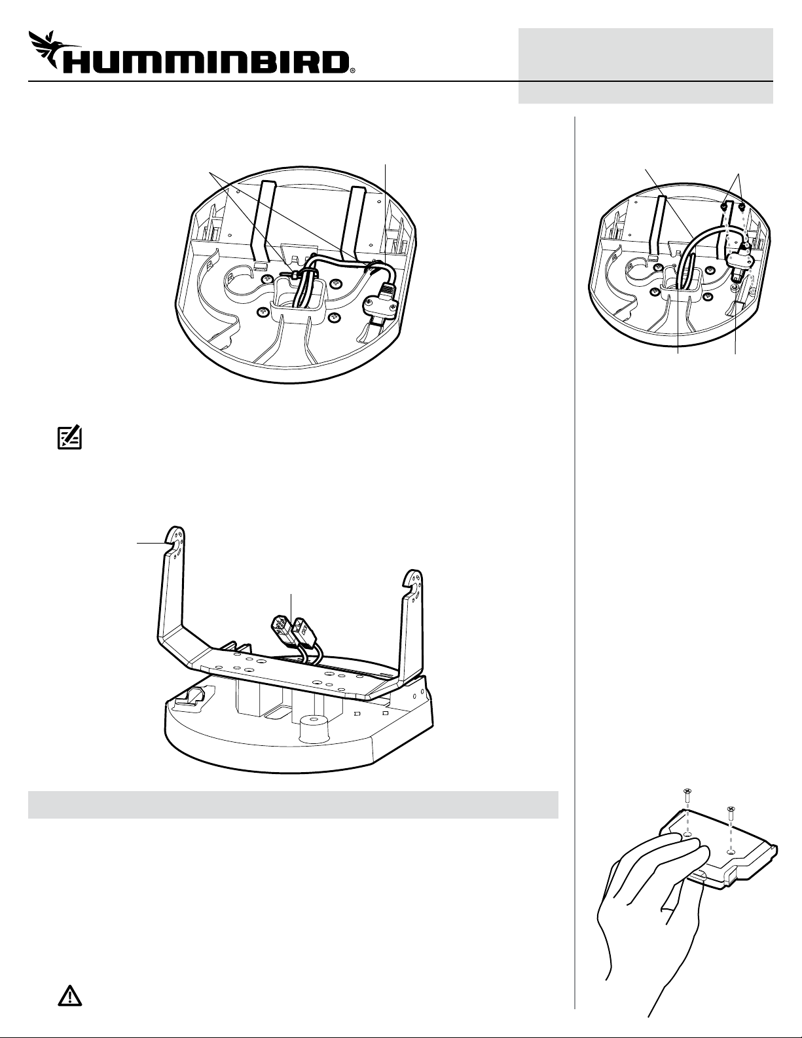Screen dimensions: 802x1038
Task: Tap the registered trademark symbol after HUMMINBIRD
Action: pos(352,69)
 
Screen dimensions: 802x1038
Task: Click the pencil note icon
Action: pos(69,437)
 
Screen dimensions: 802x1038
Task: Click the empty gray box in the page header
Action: pos(646,65)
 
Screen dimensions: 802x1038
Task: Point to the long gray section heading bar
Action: pos(293,804)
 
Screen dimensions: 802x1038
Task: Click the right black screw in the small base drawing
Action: pos(741,206)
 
